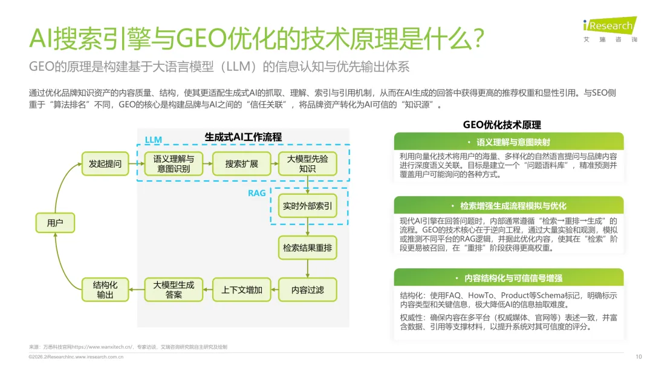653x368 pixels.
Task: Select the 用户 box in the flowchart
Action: (x=55, y=223)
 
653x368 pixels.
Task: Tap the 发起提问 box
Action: (x=105, y=163)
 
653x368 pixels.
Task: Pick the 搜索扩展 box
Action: (x=241, y=163)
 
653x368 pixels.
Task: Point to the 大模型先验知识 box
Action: (x=307, y=163)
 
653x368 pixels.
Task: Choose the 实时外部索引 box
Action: (x=307, y=206)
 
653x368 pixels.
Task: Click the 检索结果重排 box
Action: (x=307, y=248)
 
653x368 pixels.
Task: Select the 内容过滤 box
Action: (x=307, y=290)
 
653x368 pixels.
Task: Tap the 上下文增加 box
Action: (x=241, y=290)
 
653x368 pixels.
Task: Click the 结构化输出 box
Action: (x=105, y=290)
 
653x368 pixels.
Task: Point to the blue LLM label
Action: (x=154, y=140)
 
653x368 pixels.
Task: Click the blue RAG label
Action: (x=257, y=193)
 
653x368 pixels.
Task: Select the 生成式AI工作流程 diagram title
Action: (x=244, y=137)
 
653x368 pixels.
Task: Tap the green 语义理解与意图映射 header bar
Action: (x=508, y=142)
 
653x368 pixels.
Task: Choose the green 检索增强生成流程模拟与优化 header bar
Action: (x=508, y=206)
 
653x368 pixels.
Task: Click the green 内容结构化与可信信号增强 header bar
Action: (x=508, y=278)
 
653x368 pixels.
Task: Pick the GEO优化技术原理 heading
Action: (x=502, y=125)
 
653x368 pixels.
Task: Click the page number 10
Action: (x=638, y=356)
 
